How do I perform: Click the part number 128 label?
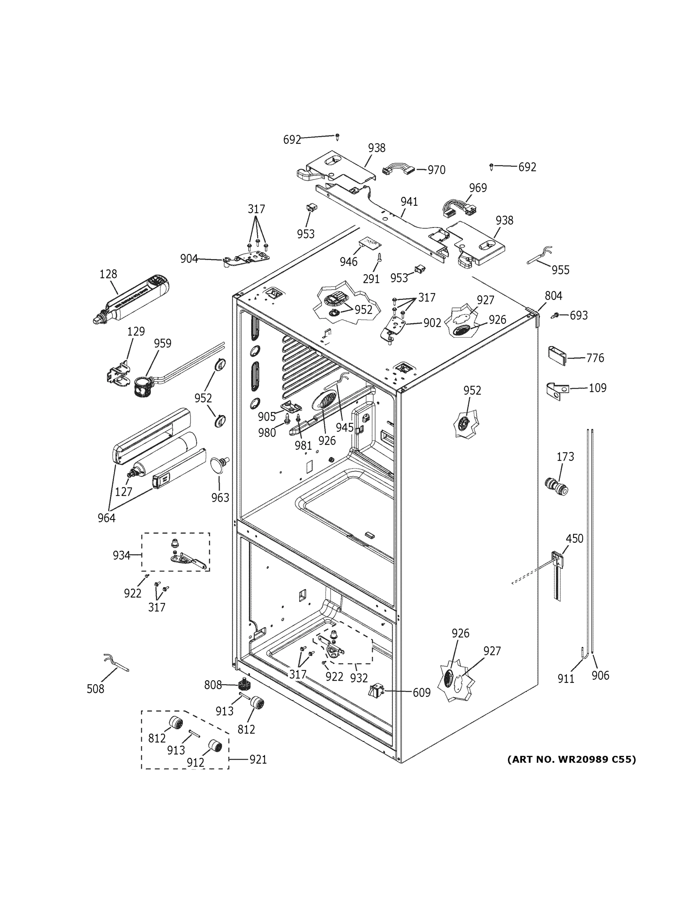108,274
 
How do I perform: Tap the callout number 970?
436,170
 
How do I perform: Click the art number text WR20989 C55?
572,759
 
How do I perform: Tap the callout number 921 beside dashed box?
258,759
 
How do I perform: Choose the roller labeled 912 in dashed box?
214,746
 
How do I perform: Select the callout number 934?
121,556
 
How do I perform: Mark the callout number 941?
409,202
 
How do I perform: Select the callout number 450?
574,539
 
